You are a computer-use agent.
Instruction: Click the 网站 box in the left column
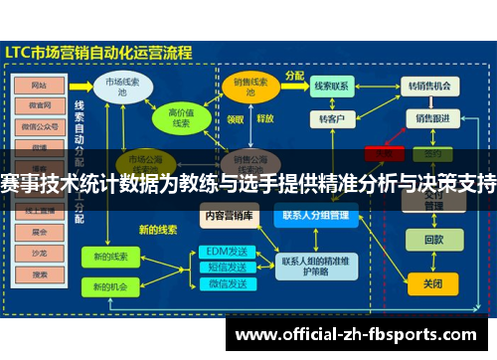pos(41,86)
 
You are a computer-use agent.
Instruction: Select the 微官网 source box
pos(41,104)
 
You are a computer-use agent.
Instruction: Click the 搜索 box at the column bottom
pos(41,273)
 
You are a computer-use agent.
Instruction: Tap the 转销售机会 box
pos(430,87)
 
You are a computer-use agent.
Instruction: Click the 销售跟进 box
pos(430,118)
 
